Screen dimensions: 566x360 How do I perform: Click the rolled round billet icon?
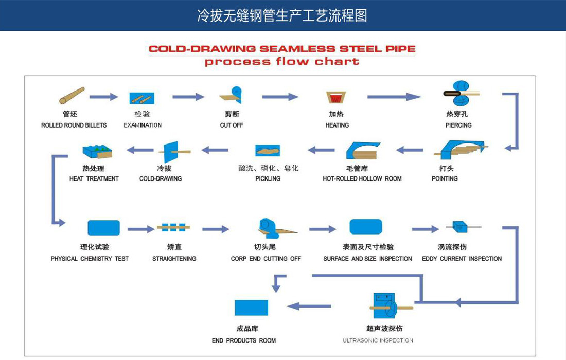coord(72,95)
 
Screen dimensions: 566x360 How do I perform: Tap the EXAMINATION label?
coord(143,125)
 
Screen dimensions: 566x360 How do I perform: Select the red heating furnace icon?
coord(336,97)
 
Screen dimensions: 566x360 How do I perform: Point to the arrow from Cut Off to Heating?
coord(280,97)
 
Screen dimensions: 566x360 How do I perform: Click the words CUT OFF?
coord(232,125)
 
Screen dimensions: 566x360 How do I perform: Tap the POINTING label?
coord(445,178)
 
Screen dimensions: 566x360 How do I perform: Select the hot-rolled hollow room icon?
coord(362,150)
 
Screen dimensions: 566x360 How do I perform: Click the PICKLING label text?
coord(268,178)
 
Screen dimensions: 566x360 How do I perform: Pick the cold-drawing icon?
coord(173,152)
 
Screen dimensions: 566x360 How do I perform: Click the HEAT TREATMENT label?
coord(94,178)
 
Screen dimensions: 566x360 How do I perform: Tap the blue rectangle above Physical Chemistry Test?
coord(103,228)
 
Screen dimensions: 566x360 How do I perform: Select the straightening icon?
coord(173,227)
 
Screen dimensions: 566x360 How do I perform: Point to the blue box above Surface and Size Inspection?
coord(366,226)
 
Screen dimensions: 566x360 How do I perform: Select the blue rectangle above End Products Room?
coord(251,308)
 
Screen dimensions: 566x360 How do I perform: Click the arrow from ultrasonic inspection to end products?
coord(309,306)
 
